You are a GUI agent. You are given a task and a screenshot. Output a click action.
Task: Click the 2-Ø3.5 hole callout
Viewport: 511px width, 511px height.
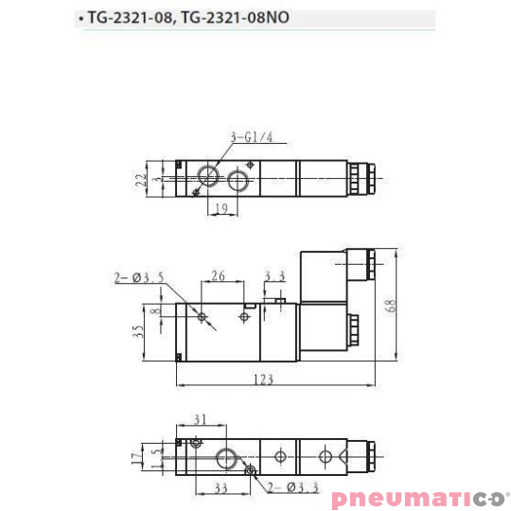click(x=140, y=277)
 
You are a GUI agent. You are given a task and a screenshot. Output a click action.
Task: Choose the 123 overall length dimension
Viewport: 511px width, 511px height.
click(x=263, y=379)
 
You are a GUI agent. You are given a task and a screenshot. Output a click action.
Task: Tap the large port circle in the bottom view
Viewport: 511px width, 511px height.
click(x=228, y=458)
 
